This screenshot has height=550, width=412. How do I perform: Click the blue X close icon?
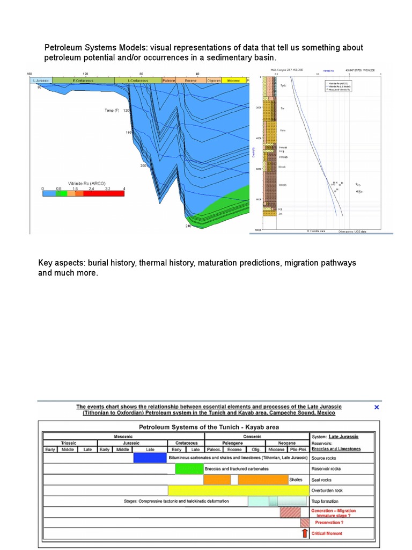point(377,407)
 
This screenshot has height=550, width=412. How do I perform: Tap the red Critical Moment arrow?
point(305,533)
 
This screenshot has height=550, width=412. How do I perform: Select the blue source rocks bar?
point(150,458)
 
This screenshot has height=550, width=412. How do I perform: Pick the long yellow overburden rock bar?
point(239,490)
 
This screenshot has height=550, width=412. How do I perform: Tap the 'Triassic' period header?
point(68,443)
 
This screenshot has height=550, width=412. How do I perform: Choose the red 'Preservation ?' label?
point(329,522)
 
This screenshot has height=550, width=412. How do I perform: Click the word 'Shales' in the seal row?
point(296,480)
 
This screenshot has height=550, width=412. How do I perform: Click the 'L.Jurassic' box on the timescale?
point(41,80)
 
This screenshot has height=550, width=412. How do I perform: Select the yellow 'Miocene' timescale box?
point(233,80)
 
